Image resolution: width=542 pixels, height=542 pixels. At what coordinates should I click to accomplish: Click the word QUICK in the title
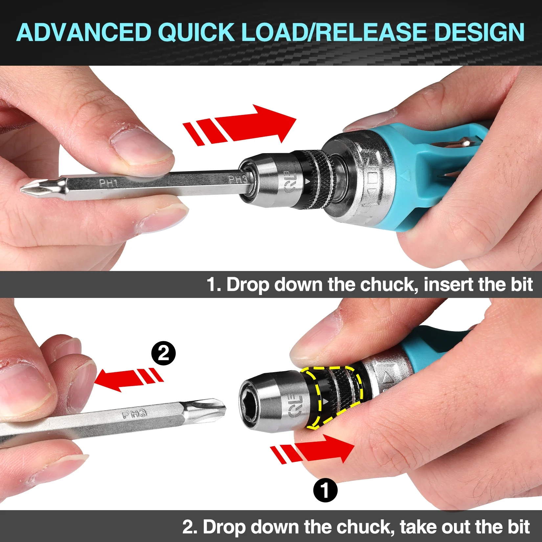tap(196, 32)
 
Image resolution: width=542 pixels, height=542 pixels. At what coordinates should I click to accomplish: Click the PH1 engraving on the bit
tap(108, 183)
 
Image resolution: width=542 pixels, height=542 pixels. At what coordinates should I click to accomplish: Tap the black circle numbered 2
tap(163, 353)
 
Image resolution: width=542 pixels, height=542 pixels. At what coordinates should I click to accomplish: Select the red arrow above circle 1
tap(315, 449)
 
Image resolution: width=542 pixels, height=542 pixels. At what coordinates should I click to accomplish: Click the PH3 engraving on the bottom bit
tap(134, 414)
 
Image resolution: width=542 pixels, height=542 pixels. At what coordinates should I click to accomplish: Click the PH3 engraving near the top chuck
tap(238, 179)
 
